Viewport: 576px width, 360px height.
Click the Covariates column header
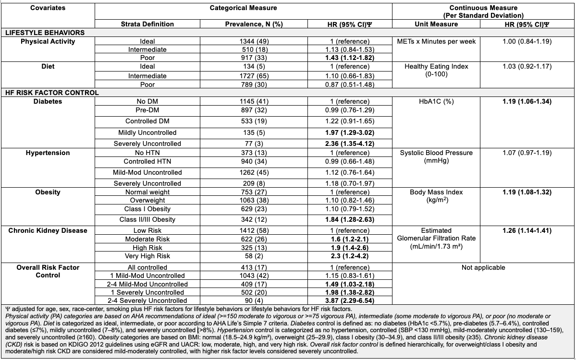click(x=48, y=8)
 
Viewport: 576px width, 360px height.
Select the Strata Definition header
click(x=147, y=24)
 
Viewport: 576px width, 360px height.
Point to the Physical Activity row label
click(x=48, y=41)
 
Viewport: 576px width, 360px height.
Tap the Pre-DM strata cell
click(x=147, y=110)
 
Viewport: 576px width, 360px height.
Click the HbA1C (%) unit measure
click(x=439, y=102)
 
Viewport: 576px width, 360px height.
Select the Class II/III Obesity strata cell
click(x=147, y=219)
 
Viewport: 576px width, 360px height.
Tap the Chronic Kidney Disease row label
click(x=48, y=230)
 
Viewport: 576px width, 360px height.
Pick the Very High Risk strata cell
click(x=147, y=256)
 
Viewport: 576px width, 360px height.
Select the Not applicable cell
click(x=483, y=267)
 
